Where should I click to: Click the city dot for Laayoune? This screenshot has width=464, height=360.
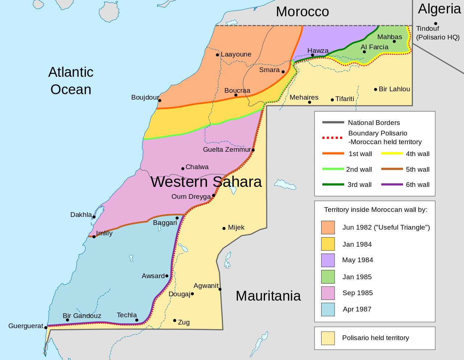pyautogui.click(x=217, y=55)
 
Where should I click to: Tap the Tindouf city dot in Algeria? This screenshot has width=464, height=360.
pyautogui.click(x=436, y=24)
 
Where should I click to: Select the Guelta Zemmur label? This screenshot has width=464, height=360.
pyautogui.click(x=227, y=150)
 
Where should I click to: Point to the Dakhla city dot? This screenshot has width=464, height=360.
pyautogui.click(x=94, y=217)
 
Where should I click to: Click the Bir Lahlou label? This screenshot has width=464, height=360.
pyautogui.click(x=394, y=89)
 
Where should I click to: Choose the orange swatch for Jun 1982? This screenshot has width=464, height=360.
pyautogui.click(x=328, y=227)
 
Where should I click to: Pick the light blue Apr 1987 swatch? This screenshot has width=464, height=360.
pyautogui.click(x=328, y=309)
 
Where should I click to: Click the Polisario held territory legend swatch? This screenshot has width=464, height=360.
pyautogui.click(x=328, y=338)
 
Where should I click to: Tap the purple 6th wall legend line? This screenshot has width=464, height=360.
pyautogui.click(x=392, y=185)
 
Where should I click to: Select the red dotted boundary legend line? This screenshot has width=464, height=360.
pyautogui.click(x=332, y=138)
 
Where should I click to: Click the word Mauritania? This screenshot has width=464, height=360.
pyautogui.click(x=268, y=296)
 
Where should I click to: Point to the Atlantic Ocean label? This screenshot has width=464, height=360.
pyautogui.click(x=71, y=81)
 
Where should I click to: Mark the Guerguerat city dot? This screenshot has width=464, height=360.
pyautogui.click(x=46, y=327)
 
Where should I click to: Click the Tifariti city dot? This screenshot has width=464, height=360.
pyautogui.click(x=332, y=100)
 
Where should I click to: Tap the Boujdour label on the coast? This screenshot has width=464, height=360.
pyautogui.click(x=145, y=97)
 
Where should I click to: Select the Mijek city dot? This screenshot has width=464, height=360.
pyautogui.click(x=224, y=228)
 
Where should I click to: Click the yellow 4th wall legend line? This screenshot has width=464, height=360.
pyautogui.click(x=392, y=154)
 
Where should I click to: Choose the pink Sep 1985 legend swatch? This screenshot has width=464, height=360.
pyautogui.click(x=328, y=293)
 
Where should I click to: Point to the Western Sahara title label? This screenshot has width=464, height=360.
pyautogui.click(x=206, y=182)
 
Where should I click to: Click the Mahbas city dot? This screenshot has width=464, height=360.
pyautogui.click(x=394, y=41)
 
